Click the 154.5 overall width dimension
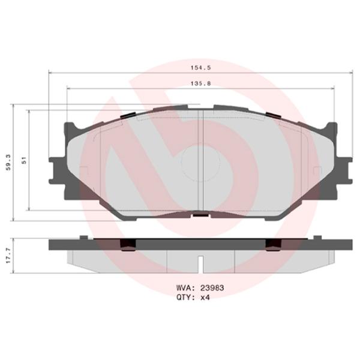[199, 68]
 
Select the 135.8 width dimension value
[199, 84]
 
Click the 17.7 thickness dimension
[8, 252]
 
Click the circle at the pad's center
[199, 162]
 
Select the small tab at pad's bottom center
[199, 214]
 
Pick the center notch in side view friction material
[201, 263]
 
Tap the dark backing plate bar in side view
[199, 244]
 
